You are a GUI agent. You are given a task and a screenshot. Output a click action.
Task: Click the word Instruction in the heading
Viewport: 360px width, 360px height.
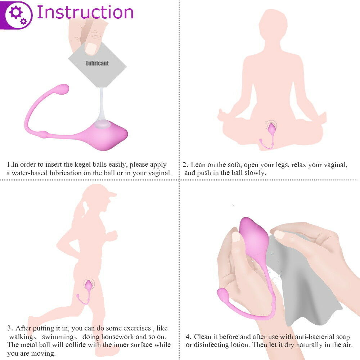(85, 12)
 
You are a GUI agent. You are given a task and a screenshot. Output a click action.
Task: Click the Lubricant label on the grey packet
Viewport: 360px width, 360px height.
(97, 63)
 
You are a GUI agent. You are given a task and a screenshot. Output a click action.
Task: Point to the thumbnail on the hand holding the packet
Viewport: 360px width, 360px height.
(91, 48)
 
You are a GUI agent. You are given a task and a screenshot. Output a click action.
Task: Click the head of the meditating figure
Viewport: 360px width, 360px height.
(273, 24)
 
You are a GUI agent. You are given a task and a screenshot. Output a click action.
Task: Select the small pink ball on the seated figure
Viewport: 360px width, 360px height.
(272, 129)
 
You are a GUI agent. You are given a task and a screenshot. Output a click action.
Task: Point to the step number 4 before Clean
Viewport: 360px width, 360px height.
(188, 337)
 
